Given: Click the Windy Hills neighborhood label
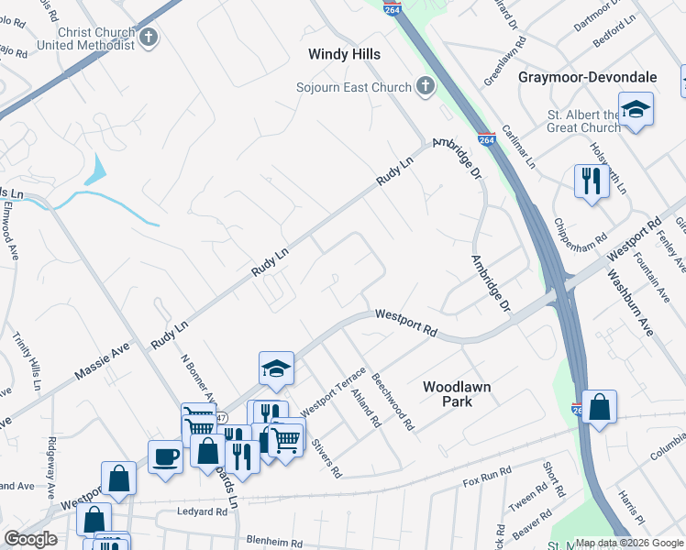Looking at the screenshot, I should (344, 55).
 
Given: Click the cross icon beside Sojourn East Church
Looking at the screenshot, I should (424, 87).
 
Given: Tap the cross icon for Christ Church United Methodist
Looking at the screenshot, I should (149, 38).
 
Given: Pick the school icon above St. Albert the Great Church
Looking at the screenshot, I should (636, 110).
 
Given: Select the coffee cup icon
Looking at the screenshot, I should (166, 456).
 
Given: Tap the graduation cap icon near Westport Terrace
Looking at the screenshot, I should (276, 368).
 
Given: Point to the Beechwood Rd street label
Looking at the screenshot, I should (393, 401).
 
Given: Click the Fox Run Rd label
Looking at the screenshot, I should (487, 477).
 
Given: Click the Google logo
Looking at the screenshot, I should (30, 539).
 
